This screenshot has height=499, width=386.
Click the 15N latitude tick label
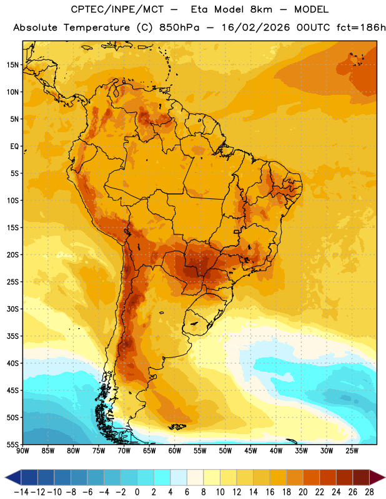tap(12, 65)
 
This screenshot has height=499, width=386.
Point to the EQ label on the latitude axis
tap(14, 147)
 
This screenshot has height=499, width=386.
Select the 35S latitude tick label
tap(12, 336)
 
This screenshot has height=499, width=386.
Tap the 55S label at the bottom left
tap(12, 444)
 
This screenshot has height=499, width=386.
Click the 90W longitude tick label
tap(22, 450)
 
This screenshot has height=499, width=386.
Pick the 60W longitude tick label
tap(175, 450)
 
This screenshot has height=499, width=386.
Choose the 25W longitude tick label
tap(352, 450)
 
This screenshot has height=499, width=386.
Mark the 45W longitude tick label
tap(250, 450)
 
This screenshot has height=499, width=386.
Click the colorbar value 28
tap(369, 492)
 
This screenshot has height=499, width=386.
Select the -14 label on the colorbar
tap(21, 492)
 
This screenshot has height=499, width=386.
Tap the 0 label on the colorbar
tap(137, 492)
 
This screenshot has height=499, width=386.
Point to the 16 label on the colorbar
tap(270, 492)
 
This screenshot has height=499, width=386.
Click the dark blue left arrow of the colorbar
tap(13, 477)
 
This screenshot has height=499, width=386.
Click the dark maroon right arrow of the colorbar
tap(377, 477)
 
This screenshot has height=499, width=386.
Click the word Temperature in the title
tap(97, 27)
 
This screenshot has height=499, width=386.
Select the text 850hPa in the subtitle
tap(179, 27)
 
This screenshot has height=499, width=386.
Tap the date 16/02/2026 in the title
tap(255, 27)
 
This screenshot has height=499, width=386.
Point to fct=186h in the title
tap(361, 27)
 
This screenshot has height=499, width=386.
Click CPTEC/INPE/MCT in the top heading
tap(117, 9)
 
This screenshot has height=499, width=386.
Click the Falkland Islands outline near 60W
tap(177, 427)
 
